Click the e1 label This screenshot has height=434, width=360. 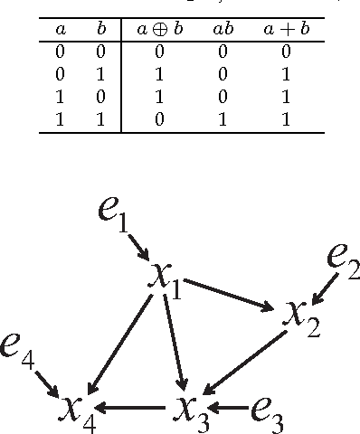112,215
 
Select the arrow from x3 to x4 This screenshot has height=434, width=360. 132,409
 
